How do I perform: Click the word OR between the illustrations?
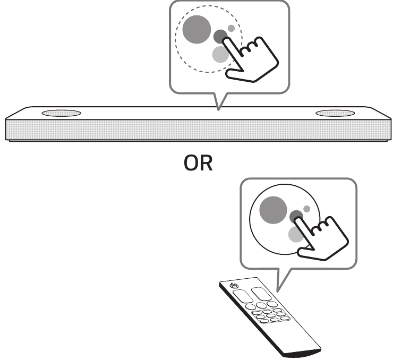[x=198, y=163]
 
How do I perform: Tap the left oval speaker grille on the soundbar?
[x=62, y=113]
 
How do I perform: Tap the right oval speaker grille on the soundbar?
[x=335, y=113]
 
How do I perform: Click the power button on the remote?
[x=234, y=285]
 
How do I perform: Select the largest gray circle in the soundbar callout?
[x=196, y=29]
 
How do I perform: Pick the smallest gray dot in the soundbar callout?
[x=231, y=28]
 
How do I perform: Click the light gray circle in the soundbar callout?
[x=220, y=54]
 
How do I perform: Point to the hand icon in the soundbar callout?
[x=250, y=59]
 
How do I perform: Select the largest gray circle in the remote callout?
[x=273, y=210]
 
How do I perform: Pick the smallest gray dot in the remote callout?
[x=306, y=209]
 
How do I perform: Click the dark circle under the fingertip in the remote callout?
[x=296, y=216]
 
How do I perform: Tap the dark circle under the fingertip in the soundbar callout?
[x=220, y=36]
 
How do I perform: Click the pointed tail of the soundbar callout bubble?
[x=219, y=109]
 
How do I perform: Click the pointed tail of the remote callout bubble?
[x=277, y=292]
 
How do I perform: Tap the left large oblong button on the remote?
[x=243, y=296]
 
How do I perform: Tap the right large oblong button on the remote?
[x=261, y=294]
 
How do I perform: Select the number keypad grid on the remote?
[x=271, y=316]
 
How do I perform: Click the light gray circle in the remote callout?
[x=296, y=235]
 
